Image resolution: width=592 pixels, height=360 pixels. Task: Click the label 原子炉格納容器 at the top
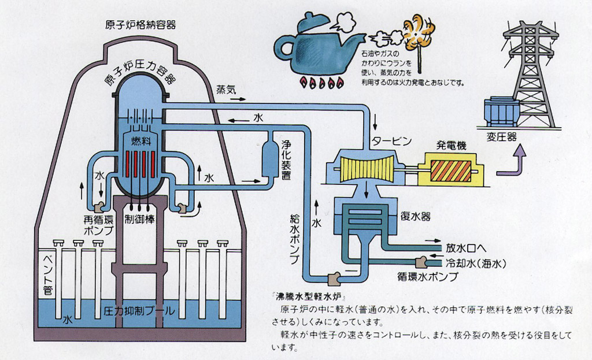click(x=140, y=25)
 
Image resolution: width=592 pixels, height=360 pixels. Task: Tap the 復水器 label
click(x=415, y=217)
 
